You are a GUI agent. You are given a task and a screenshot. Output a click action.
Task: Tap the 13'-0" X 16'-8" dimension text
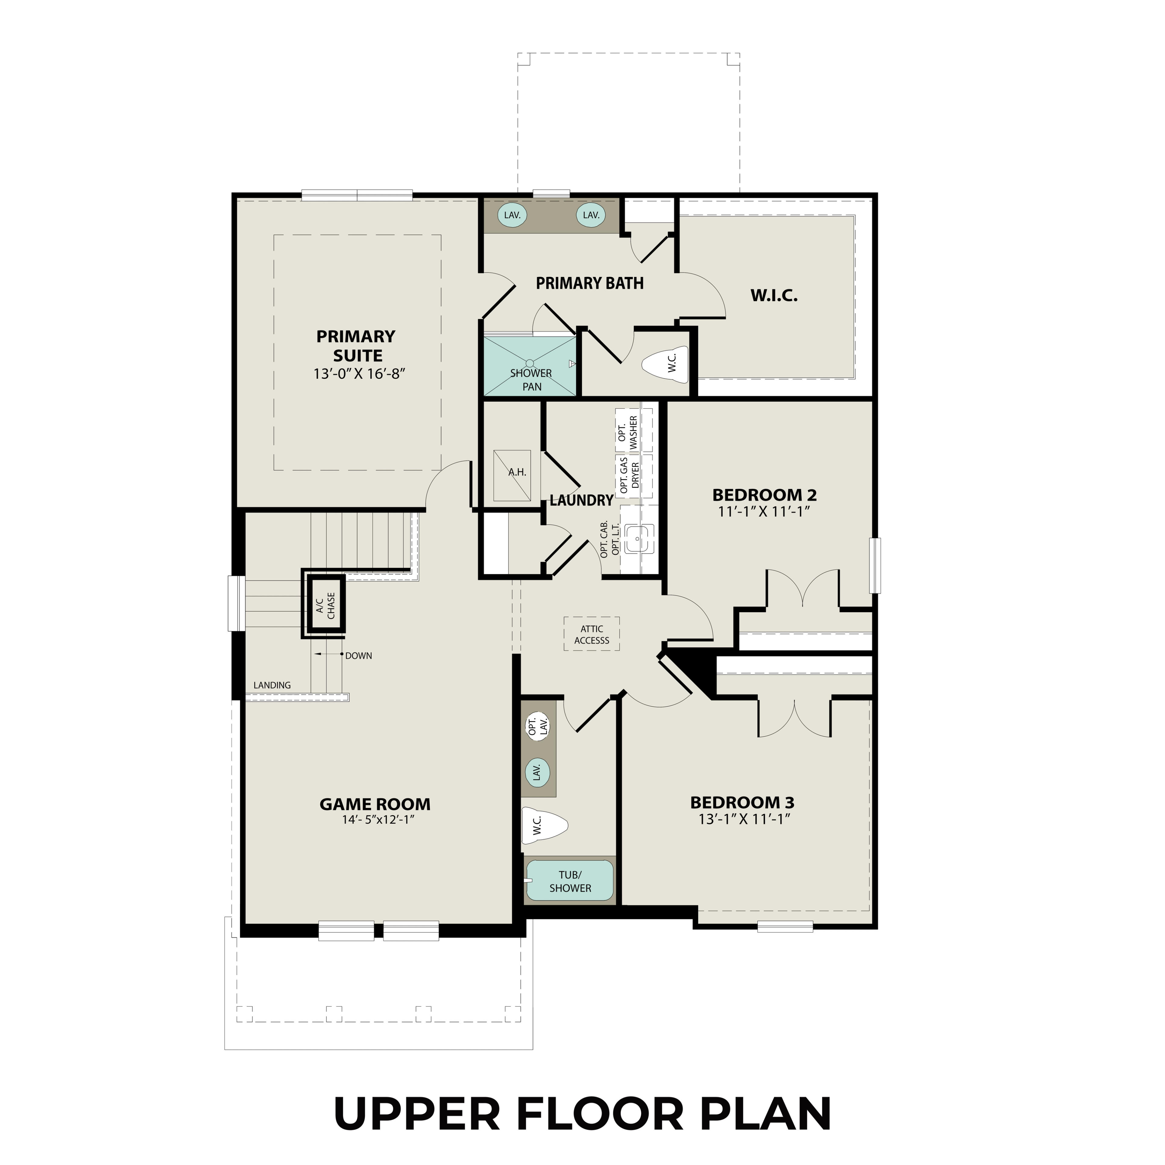(x=358, y=374)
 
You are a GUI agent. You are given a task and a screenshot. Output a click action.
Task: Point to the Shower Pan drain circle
(x=529, y=363)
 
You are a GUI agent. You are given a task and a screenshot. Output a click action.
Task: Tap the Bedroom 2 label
(x=764, y=495)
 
